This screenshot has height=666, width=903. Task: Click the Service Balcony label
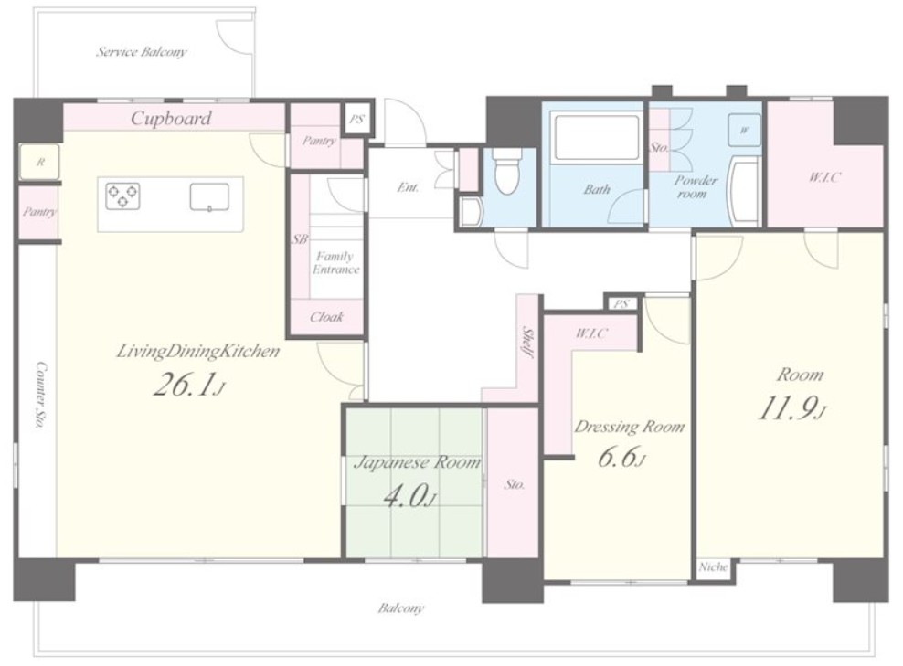click(x=142, y=52)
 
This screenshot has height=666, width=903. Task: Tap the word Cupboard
click(x=171, y=118)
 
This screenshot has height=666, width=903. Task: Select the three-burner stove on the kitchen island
click(x=122, y=196)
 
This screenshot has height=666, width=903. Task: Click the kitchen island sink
click(x=209, y=196)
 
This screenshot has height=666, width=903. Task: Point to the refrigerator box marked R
click(x=39, y=162)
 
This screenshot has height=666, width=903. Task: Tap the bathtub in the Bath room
click(x=596, y=139)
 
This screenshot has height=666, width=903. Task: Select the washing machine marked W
click(x=744, y=130)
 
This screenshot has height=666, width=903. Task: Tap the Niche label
click(x=713, y=567)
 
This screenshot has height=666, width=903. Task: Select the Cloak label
click(x=326, y=317)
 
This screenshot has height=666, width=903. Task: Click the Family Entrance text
click(x=336, y=262)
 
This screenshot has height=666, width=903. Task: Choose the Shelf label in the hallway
click(x=527, y=343)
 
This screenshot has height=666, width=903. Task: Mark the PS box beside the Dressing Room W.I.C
click(x=621, y=303)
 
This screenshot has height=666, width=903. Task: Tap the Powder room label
click(x=696, y=186)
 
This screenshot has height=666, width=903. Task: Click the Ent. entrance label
click(x=409, y=187)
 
